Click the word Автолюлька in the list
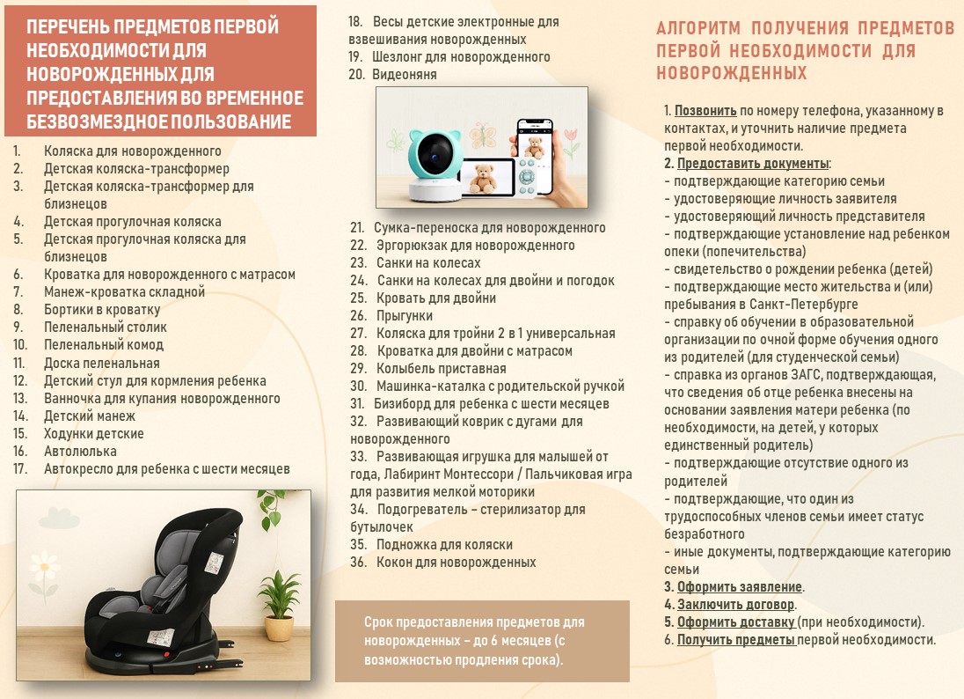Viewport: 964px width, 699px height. pos(80,451)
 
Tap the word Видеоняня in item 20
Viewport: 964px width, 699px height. pos(405,75)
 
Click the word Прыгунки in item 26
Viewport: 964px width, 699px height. pos(405,316)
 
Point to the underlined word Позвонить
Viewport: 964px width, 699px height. pos(705,111)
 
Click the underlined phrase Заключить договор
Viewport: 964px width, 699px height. pos(736,605)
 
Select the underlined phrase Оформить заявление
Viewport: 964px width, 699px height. pos(740,587)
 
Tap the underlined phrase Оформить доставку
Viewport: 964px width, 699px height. pos(736,622)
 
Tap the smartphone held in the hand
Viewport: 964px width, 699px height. pos(534,151)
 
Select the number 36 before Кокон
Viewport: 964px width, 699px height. pos(359,563)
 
